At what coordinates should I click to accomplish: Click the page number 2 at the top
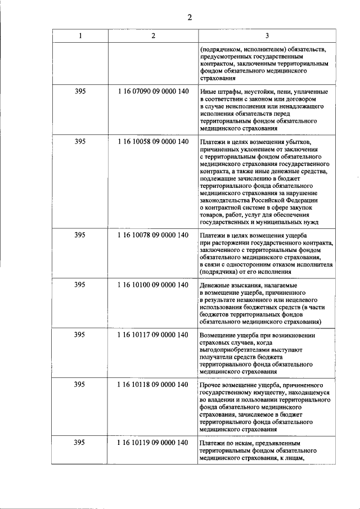click(190, 17)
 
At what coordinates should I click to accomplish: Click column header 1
click(80, 37)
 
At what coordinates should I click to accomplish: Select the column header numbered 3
click(266, 37)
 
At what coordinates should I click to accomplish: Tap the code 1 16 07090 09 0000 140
click(153, 91)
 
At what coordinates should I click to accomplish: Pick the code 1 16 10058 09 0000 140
click(153, 141)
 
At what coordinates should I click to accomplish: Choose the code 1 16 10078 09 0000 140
click(153, 235)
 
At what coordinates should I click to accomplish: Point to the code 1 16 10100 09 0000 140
click(153, 285)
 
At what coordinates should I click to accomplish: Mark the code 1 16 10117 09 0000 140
click(153, 335)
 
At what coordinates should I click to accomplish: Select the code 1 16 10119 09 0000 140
click(153, 443)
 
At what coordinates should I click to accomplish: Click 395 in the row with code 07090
click(80, 91)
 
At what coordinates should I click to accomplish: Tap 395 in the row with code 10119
click(80, 443)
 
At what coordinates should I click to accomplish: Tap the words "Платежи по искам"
click(227, 443)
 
